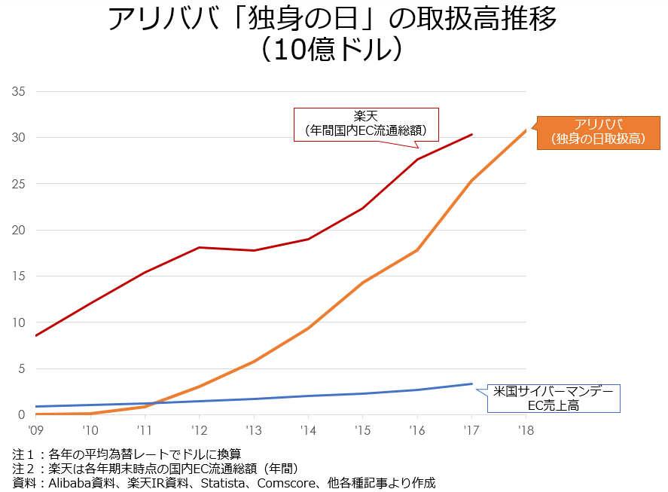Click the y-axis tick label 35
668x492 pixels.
[x=19, y=92]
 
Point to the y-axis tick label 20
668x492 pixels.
[x=19, y=231]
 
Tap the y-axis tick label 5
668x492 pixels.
[x=22, y=369]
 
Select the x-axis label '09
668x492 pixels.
[x=35, y=431]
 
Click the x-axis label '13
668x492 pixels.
[x=253, y=431]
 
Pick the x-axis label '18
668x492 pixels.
[x=526, y=431]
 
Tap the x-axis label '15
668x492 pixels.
[x=362, y=431]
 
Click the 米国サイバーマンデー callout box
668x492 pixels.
[x=553, y=399]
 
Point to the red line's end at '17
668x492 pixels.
[x=471, y=134]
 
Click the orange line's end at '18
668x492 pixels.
[x=526, y=130]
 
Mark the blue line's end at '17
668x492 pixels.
[x=471, y=384]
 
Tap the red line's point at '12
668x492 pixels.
[x=199, y=247]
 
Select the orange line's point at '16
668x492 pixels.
[x=417, y=250]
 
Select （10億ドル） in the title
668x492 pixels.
[x=334, y=50]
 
